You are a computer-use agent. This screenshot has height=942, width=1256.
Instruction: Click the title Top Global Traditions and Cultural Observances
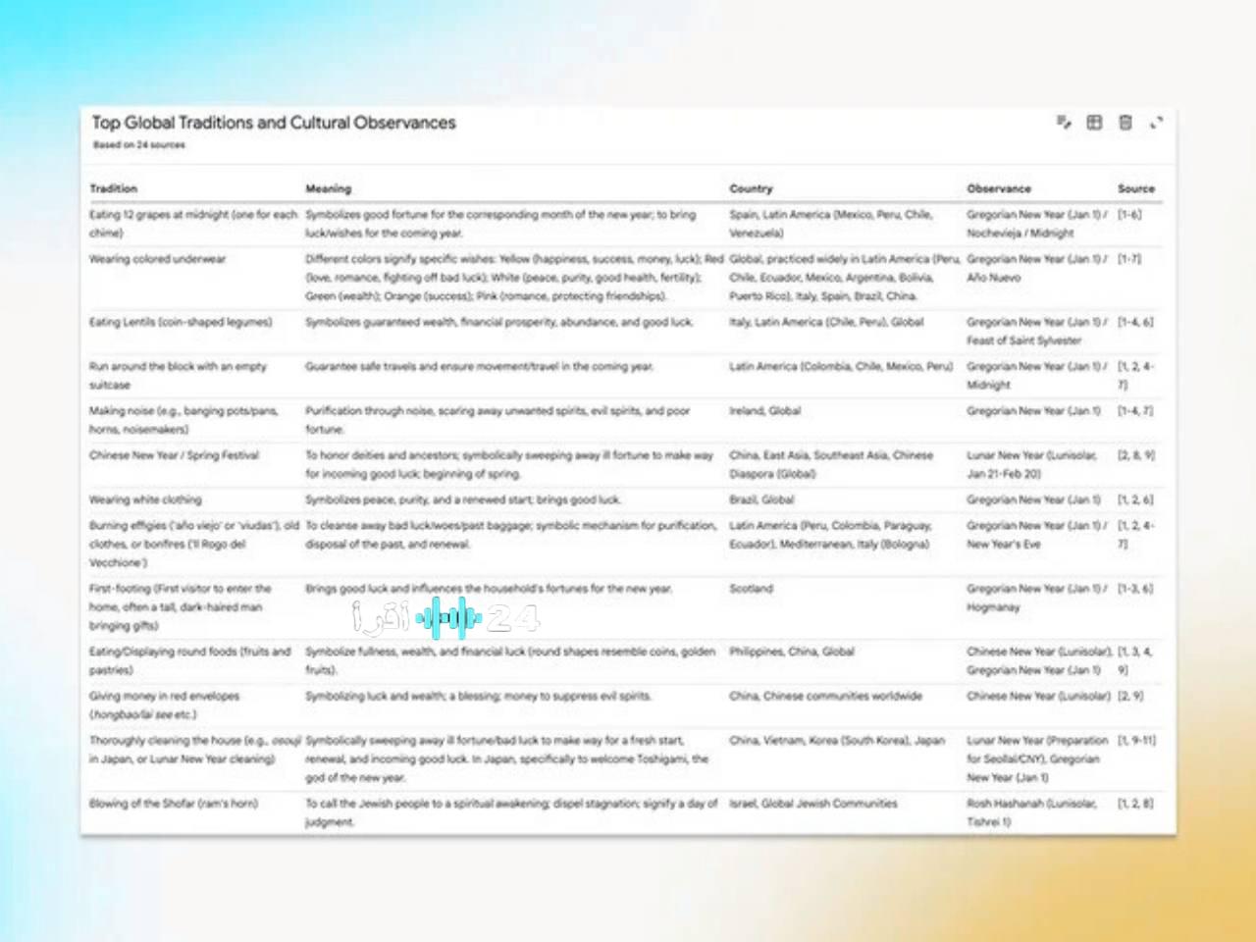pos(274,123)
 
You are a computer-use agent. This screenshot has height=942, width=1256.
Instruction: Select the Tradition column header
pos(114,188)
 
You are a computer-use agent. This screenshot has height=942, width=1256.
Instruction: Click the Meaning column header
pos(328,188)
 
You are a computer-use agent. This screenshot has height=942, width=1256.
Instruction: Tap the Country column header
pos(751,188)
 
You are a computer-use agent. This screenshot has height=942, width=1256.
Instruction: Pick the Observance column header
pos(999,188)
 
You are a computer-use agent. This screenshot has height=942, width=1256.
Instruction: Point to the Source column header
pos(1135,188)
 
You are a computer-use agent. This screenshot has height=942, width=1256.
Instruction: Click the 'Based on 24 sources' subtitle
pos(138,145)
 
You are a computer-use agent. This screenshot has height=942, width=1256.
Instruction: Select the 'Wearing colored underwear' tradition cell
pos(158,259)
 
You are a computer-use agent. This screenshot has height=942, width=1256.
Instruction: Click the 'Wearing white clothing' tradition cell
pos(145,499)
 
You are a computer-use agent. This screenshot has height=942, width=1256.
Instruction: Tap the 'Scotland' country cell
pos(751,589)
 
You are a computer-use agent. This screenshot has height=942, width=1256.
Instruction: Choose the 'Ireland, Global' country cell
pos(764,411)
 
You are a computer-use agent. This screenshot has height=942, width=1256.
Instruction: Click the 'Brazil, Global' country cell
pos(761,499)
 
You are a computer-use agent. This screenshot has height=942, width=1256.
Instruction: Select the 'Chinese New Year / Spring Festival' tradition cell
pos(175,455)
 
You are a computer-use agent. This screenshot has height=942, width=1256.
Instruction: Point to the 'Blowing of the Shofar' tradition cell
pos(174,803)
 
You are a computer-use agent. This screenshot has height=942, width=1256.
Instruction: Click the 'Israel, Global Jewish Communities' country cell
pos(812,803)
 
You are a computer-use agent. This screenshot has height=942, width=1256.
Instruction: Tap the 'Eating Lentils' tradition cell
pos(181,322)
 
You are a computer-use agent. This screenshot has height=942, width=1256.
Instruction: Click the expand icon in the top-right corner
pos(1156,123)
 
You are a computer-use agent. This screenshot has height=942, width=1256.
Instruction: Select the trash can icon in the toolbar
pos(1125,123)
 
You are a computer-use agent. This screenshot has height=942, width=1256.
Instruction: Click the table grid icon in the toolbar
pos(1094,123)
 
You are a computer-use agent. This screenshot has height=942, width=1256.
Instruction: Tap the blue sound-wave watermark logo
pos(448,618)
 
